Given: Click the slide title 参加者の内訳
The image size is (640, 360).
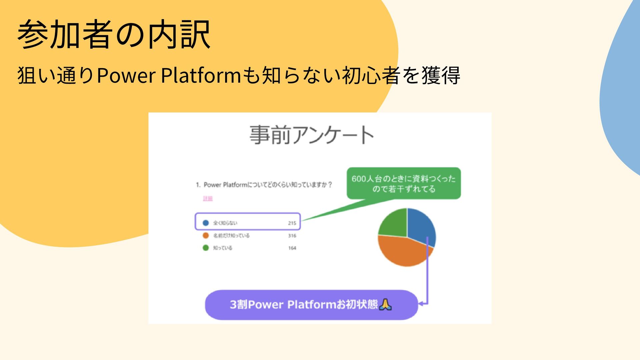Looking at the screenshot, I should [114, 34].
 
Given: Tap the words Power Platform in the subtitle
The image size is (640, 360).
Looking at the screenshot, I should [168, 75].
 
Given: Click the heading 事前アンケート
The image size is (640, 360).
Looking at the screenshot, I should [312, 135].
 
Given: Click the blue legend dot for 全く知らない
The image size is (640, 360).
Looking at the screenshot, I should [206, 223].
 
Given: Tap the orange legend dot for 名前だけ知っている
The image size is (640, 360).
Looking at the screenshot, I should [206, 235].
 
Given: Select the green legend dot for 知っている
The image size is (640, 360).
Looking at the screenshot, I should [206, 248].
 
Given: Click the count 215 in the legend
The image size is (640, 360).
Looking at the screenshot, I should [292, 223].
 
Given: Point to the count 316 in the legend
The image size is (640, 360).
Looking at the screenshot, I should [292, 236].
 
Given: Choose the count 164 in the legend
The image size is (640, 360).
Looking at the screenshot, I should [292, 248].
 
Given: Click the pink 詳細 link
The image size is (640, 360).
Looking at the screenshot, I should [208, 199].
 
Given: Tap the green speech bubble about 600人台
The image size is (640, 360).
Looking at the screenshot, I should [403, 183].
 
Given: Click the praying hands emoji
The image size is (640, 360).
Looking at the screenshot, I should [386, 304].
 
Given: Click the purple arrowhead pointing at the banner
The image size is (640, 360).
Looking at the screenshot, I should [421, 304].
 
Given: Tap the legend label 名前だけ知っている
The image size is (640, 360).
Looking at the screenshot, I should [231, 236].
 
